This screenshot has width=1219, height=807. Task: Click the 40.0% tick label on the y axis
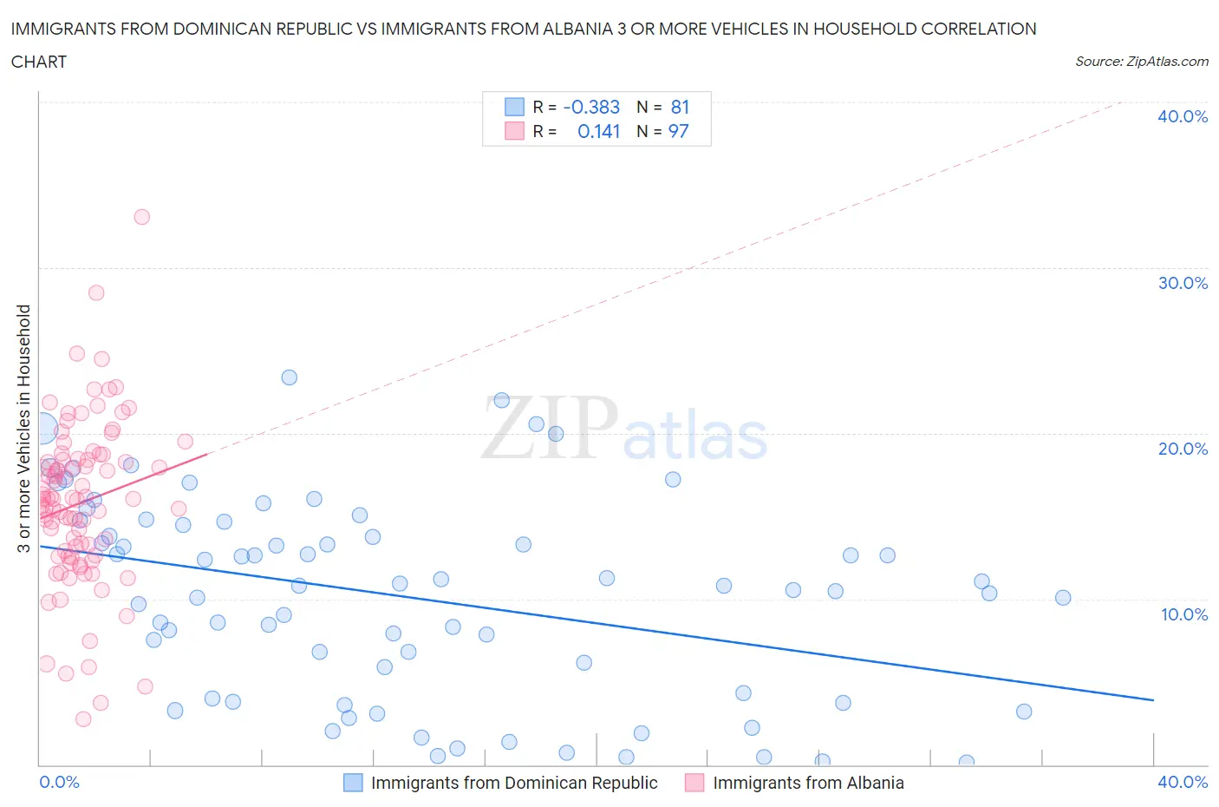pos(1183,116)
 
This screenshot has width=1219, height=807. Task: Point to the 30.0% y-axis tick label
pos(1183,283)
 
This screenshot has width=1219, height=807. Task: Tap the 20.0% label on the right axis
pos(1183,449)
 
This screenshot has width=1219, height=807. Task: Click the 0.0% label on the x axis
pos(59,782)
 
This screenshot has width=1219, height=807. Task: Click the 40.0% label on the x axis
pos(1183,782)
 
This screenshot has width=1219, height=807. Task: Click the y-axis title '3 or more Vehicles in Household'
pos(24,428)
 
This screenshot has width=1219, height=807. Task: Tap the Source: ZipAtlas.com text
pos(1141,62)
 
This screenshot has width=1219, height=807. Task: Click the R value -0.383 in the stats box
pos(591,107)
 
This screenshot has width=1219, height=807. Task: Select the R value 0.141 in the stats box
pos(598,131)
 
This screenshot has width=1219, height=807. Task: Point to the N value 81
pos(680,107)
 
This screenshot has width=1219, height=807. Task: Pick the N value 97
pos(678,131)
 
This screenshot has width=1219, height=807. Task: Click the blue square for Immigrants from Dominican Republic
pos(353,783)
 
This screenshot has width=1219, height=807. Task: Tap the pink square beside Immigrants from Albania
pos(694,783)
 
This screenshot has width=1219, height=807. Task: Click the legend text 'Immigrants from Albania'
pos(808,783)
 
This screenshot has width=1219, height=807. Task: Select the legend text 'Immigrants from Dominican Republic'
pos(514,783)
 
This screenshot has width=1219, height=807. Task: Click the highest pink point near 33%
pos(141,217)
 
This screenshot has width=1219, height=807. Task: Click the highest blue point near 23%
pos(290,377)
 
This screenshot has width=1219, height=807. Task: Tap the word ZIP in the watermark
pos(550,427)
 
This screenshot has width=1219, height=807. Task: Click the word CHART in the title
pos(39,62)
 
